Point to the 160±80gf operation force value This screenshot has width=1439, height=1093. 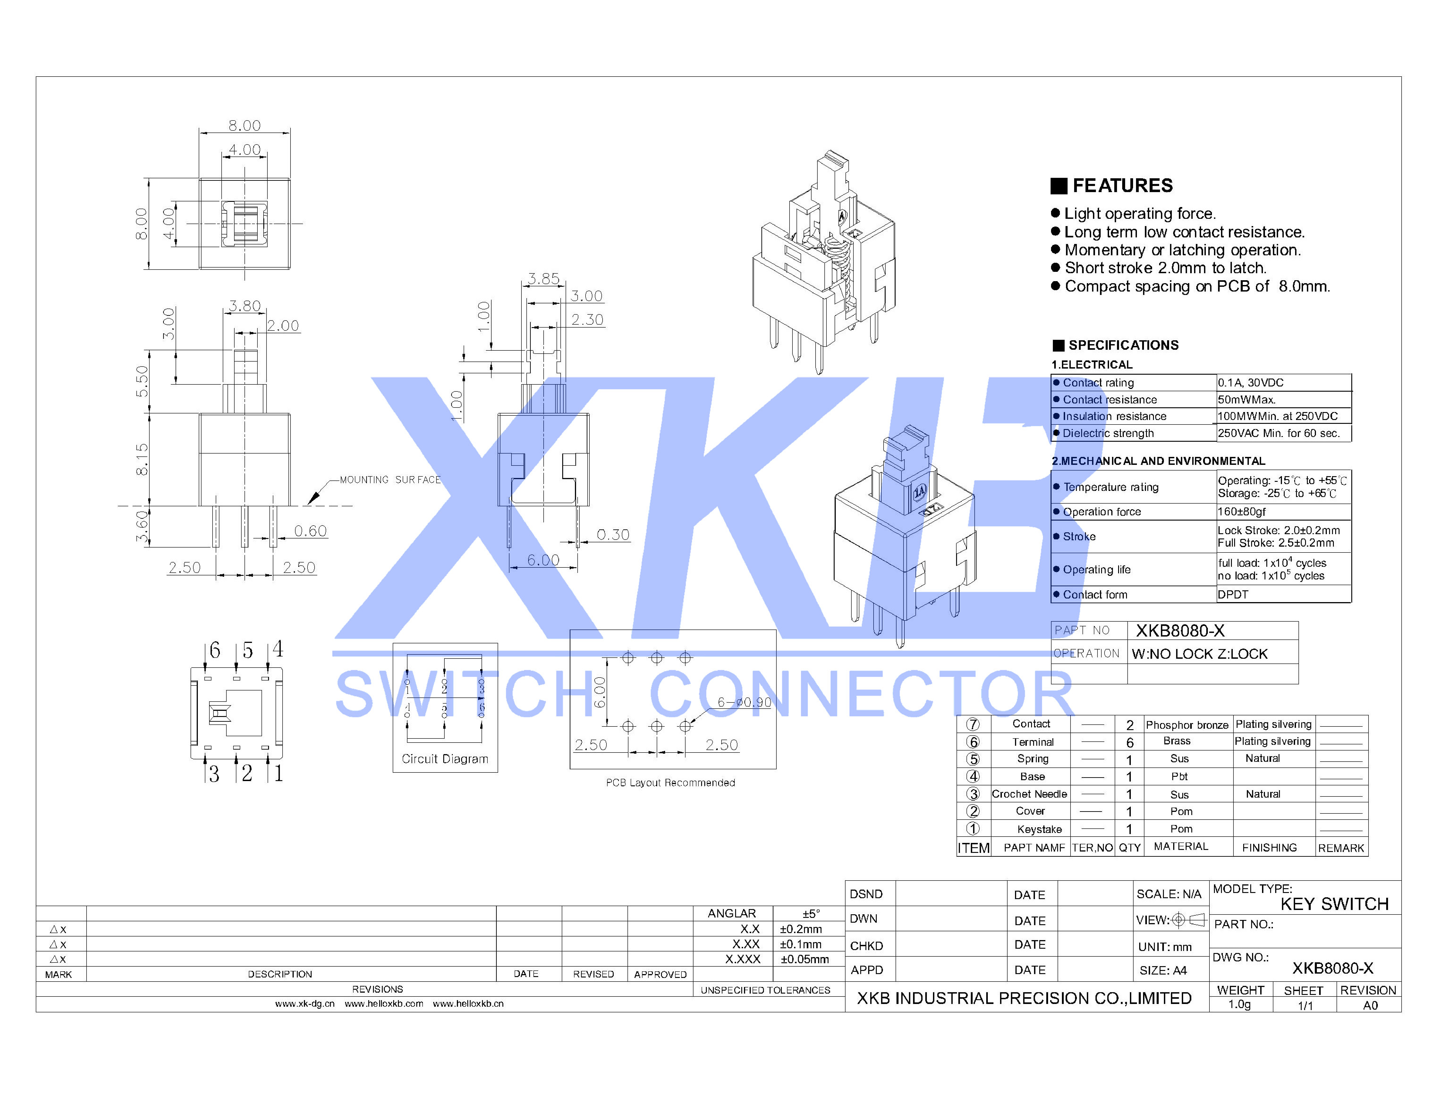point(1242,512)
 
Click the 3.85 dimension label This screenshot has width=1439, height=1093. point(543,279)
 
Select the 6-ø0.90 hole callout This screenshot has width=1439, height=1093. point(744,703)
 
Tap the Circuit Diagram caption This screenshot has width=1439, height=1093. point(445,759)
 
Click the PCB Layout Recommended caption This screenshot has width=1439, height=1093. point(670,783)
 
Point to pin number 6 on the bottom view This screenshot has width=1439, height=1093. point(215,651)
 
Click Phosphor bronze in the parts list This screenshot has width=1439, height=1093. point(1187,725)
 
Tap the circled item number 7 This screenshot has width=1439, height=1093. point(973,725)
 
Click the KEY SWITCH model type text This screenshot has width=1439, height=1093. point(1334,904)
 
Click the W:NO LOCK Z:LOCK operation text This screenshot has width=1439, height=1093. point(1199,654)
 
